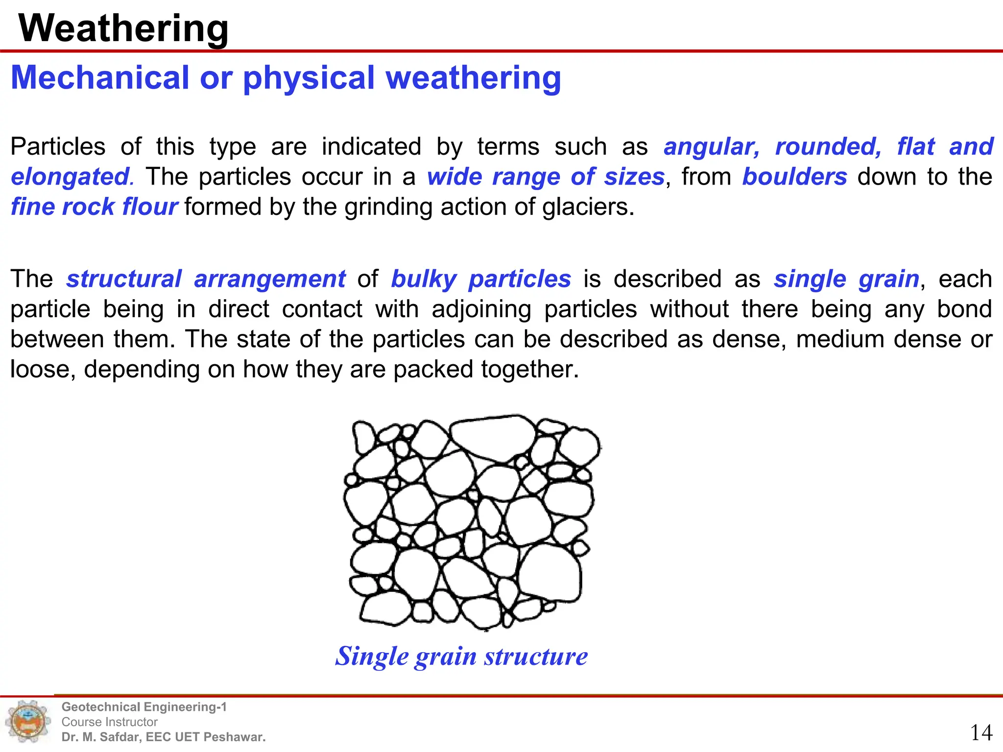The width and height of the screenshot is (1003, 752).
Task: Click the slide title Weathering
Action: pyautogui.click(x=123, y=28)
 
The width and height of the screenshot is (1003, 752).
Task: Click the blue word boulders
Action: pyautogui.click(x=794, y=177)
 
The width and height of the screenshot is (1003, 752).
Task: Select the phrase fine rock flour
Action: pyautogui.click(x=94, y=207)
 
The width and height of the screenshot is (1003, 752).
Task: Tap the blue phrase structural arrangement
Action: pyautogui.click(x=206, y=279)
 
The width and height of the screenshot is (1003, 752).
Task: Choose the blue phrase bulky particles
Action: pyautogui.click(x=481, y=279)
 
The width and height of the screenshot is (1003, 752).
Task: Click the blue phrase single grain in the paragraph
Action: pyautogui.click(x=846, y=279)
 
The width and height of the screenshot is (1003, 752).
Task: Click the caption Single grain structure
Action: pyautogui.click(x=461, y=656)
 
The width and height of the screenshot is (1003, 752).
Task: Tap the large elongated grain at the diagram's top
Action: pyautogui.click(x=492, y=437)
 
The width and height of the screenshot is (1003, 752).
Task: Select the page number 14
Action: pyautogui.click(x=981, y=733)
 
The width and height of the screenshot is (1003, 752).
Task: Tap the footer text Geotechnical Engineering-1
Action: pyautogui.click(x=144, y=707)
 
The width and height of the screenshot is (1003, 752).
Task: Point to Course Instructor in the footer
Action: pyautogui.click(x=109, y=722)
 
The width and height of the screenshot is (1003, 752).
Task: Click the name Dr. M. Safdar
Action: pyautogui.click(x=100, y=737)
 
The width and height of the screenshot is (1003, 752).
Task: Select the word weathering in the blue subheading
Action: pyautogui.click(x=473, y=78)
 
